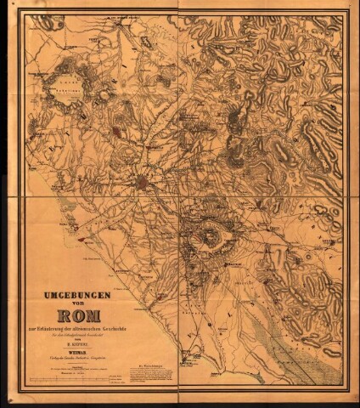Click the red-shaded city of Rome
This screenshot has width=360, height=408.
(151, 182)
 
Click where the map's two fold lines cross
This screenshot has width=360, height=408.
(179, 197)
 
